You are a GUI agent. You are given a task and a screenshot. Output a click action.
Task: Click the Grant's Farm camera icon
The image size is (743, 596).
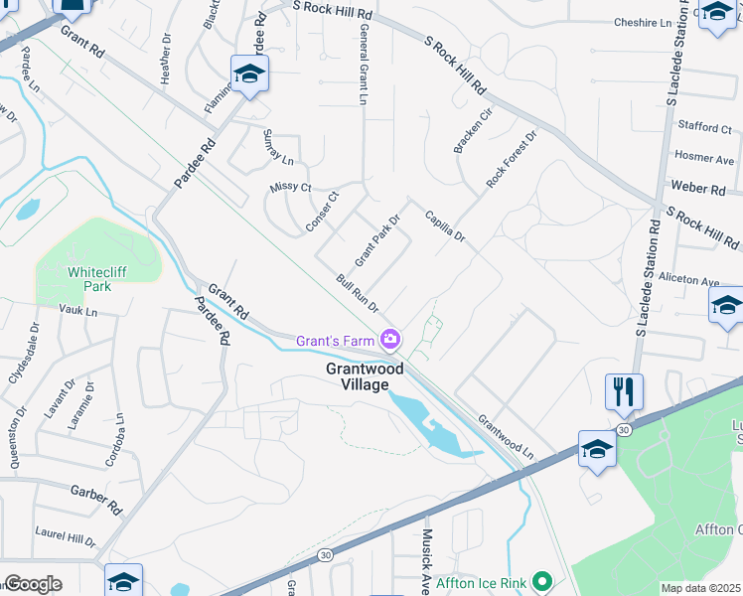(x=390, y=341)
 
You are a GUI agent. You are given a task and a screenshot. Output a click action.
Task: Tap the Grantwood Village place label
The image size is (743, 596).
(x=366, y=376)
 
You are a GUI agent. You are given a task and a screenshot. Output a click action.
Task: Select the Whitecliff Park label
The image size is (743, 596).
(x=98, y=278)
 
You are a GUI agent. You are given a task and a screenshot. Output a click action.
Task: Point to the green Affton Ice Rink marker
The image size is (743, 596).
(x=541, y=580)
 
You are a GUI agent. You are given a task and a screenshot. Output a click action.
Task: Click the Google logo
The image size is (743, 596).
(x=33, y=584)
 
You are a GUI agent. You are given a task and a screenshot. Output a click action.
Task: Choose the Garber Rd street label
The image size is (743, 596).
(x=95, y=498)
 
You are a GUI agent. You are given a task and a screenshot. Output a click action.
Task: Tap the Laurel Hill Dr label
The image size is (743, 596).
(x=66, y=536)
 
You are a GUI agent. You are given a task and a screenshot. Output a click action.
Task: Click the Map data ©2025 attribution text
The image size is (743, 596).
(x=700, y=588)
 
